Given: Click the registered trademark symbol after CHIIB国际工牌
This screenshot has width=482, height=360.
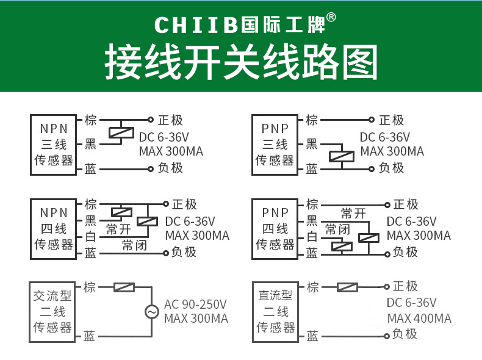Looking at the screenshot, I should [x=331, y=18].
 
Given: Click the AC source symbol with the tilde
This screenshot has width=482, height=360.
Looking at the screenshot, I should [x=151, y=312].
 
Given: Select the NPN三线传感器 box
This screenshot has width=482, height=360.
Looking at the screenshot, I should [x=54, y=145].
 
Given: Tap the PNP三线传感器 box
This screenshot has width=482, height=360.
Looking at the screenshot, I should [x=275, y=145].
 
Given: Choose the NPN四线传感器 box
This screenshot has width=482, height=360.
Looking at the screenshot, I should [x=54, y=229].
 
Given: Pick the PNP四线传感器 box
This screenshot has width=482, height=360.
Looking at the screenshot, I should [x=275, y=229].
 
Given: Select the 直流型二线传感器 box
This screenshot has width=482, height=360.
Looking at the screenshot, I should [x=275, y=312].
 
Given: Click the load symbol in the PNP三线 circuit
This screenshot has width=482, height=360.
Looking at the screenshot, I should [x=341, y=156].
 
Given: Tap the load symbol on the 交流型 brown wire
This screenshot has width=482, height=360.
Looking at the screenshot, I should [x=124, y=287].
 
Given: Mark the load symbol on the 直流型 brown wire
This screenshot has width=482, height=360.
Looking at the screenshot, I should [x=347, y=287].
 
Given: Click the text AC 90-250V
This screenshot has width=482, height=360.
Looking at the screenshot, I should [x=195, y=304].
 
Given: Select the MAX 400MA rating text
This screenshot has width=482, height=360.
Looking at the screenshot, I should [x=419, y=319].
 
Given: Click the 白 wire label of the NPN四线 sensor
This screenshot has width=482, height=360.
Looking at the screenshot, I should [x=90, y=237].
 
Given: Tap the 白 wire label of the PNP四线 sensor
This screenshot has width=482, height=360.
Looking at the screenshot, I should [x=312, y=237].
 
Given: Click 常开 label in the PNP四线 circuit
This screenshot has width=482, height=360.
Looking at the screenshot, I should [x=353, y=214].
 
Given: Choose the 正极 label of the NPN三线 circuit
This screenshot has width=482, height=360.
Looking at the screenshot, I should [x=170, y=120].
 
